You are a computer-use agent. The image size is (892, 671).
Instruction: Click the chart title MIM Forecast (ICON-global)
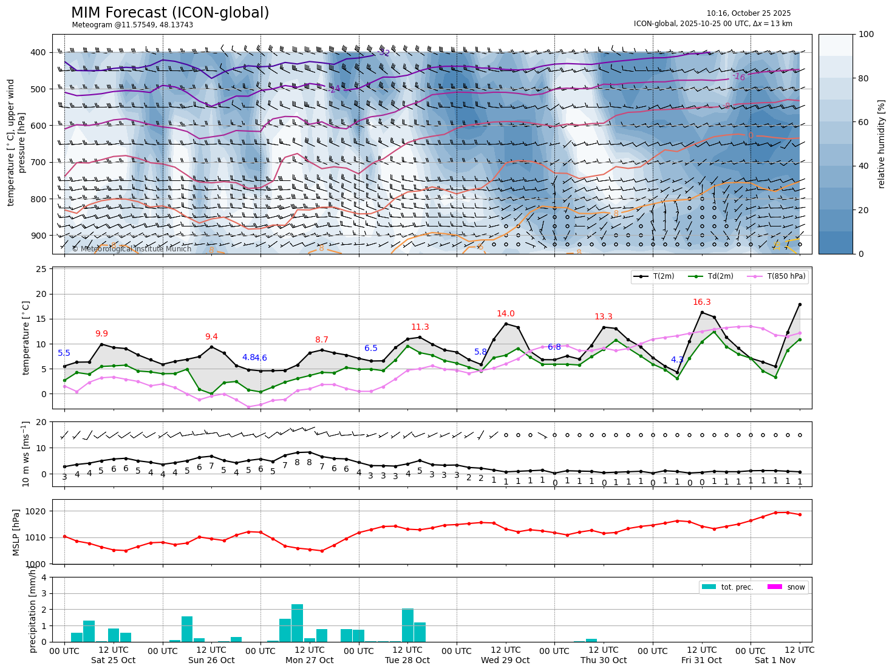point(170,13)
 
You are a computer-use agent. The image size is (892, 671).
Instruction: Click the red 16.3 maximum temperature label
point(701,302)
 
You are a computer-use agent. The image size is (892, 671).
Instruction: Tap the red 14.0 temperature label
point(505,314)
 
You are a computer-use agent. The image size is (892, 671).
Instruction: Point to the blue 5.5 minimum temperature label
point(64,353)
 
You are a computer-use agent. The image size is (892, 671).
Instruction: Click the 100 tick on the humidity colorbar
point(866,35)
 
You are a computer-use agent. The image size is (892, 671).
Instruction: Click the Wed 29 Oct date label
point(505,660)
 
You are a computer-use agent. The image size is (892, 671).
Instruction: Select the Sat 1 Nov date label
point(775,660)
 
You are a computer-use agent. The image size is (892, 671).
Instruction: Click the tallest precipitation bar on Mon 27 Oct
point(297,622)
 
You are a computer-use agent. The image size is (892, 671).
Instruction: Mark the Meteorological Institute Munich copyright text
point(131,249)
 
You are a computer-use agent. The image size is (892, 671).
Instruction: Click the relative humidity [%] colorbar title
point(882,144)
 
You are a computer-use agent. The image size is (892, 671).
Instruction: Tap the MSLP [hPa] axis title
point(16,532)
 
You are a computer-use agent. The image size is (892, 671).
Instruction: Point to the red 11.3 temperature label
point(420,327)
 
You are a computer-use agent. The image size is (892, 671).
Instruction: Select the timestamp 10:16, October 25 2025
point(748,13)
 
